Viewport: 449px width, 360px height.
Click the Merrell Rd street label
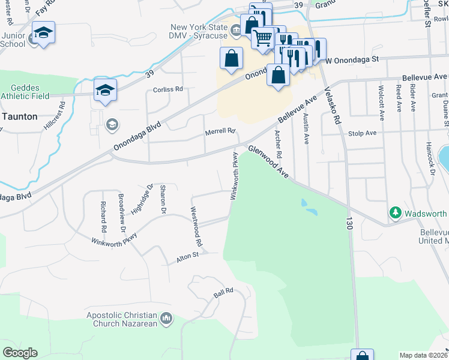[219, 131]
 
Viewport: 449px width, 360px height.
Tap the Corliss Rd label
[167, 89]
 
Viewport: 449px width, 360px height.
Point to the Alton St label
[187, 256]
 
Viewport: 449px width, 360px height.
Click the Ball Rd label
[223, 296]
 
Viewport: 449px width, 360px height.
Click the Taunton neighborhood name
[19, 117]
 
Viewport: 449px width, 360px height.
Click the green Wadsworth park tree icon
[395, 212]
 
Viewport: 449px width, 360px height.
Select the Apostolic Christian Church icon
[167, 318]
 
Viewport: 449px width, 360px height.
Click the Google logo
[20, 353]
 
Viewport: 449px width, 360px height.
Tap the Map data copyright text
[423, 355]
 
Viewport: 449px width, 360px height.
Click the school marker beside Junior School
[43, 33]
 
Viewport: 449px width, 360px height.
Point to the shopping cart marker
[262, 38]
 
